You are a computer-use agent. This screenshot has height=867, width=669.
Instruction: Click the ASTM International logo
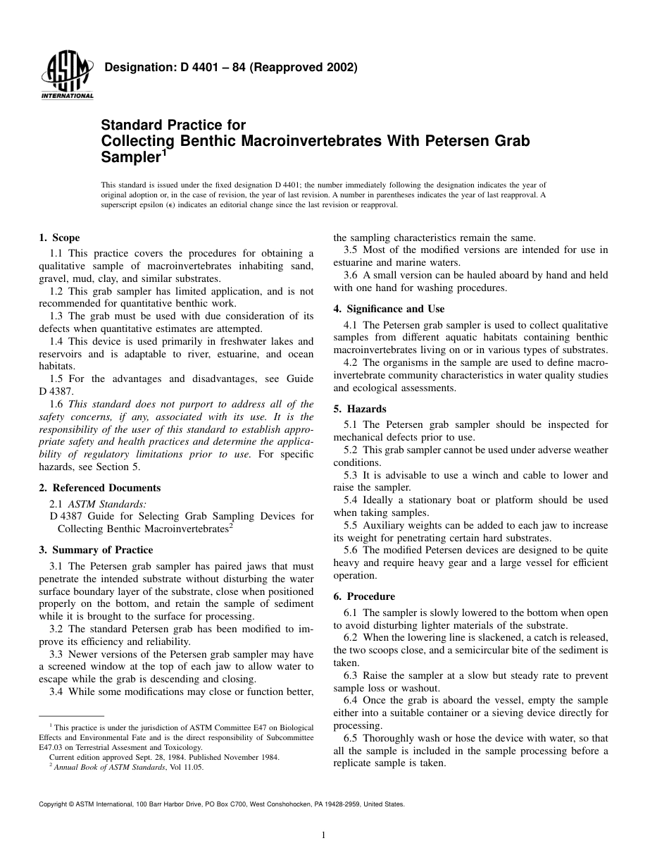coord(67,76)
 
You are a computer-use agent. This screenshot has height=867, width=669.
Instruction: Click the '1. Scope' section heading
coord(59,238)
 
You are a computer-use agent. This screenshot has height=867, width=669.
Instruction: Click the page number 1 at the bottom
coord(323,836)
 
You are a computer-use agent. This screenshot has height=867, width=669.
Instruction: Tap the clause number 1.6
coord(56,405)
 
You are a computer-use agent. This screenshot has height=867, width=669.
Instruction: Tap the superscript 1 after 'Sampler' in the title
coord(164,151)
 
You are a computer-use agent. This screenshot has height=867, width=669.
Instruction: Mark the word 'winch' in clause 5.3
coord(488,475)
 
